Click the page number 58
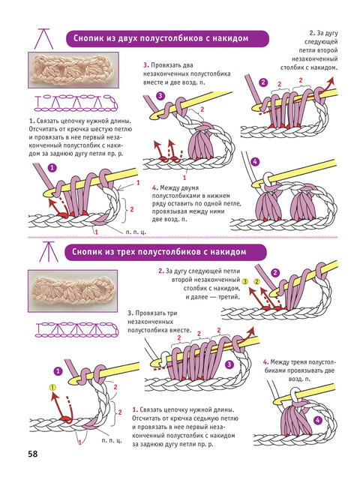tap(33, 454)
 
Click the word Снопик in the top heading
tap(88, 38)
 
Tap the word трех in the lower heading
tap(126, 252)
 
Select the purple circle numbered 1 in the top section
tap(52, 168)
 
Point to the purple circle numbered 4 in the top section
tap(255, 161)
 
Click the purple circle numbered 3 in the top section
tap(160, 96)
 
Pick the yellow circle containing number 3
tap(245, 281)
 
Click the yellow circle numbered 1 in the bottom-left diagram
tap(52, 388)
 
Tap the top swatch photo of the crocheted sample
tap(73, 70)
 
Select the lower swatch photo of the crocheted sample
tap(73, 291)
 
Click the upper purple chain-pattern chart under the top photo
tap(76, 103)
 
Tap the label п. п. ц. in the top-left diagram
tap(136, 232)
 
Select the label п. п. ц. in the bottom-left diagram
tap(112, 440)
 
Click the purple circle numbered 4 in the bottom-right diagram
tap(318, 420)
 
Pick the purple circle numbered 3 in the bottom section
tap(229, 364)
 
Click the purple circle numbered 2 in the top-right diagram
tap(263, 82)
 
